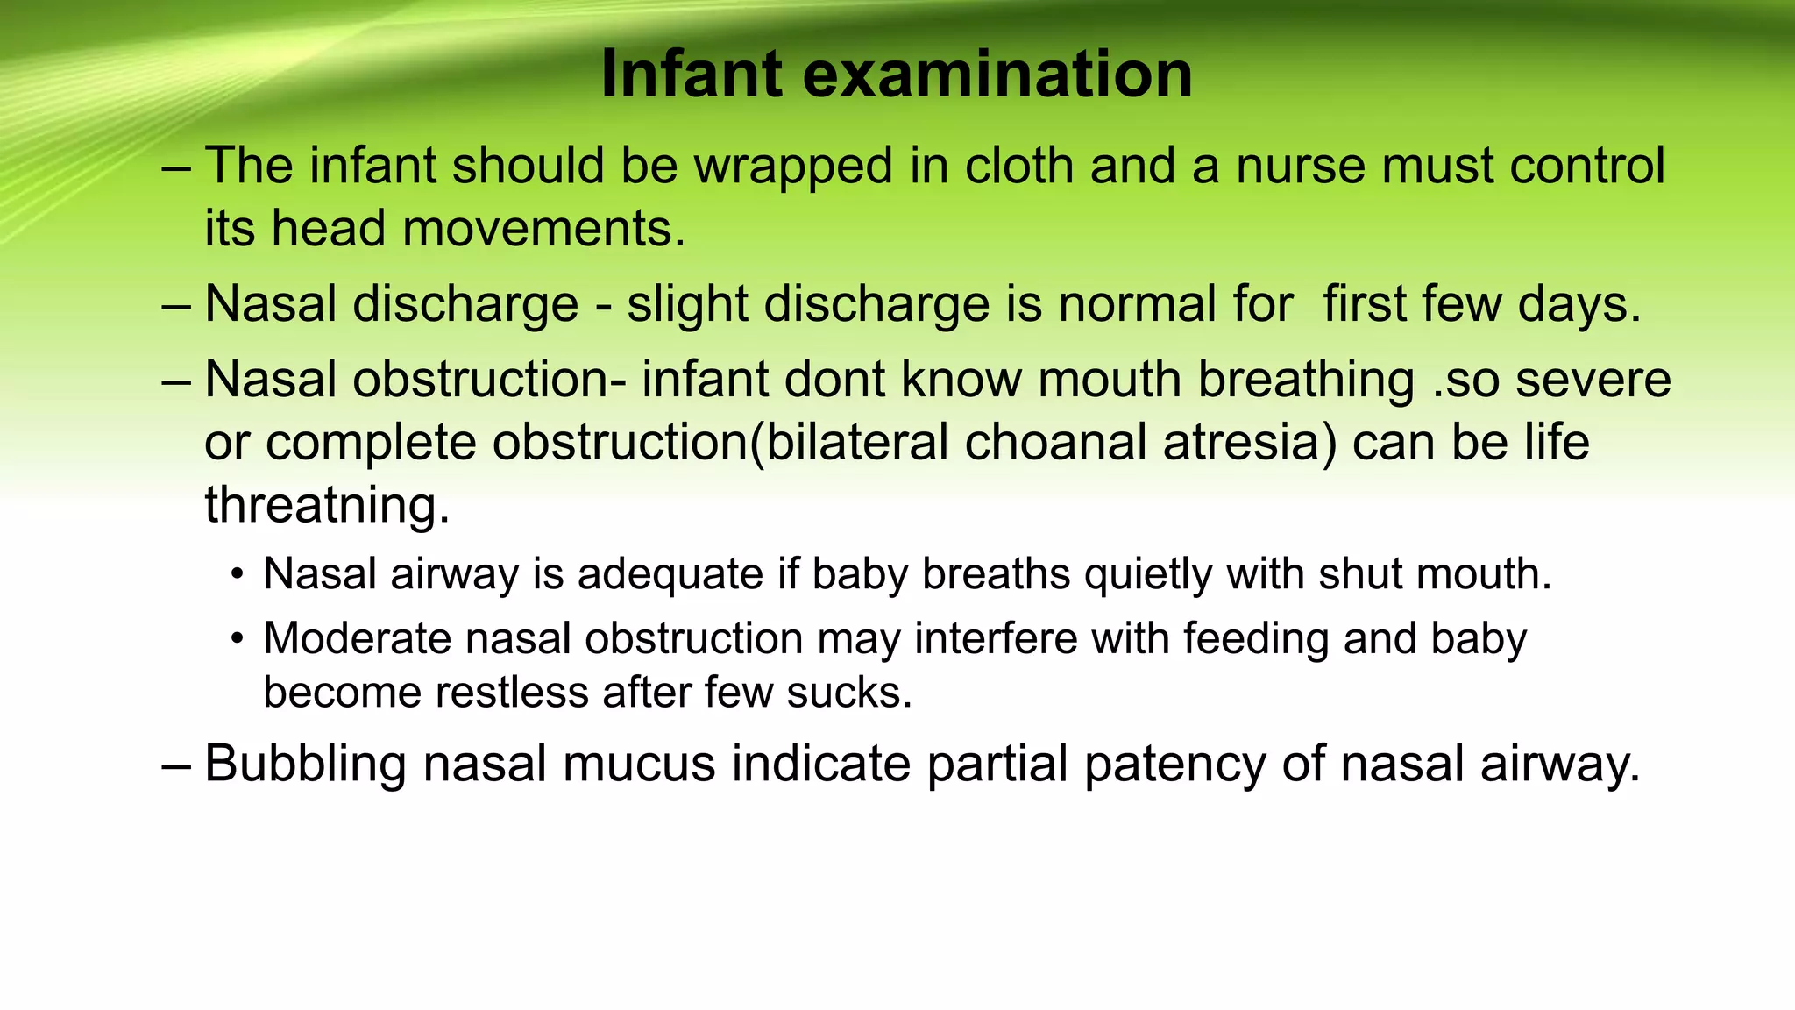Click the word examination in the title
pos(997,74)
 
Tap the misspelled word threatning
pos(327,505)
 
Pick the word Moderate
pos(357,638)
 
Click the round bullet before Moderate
pos(237,638)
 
